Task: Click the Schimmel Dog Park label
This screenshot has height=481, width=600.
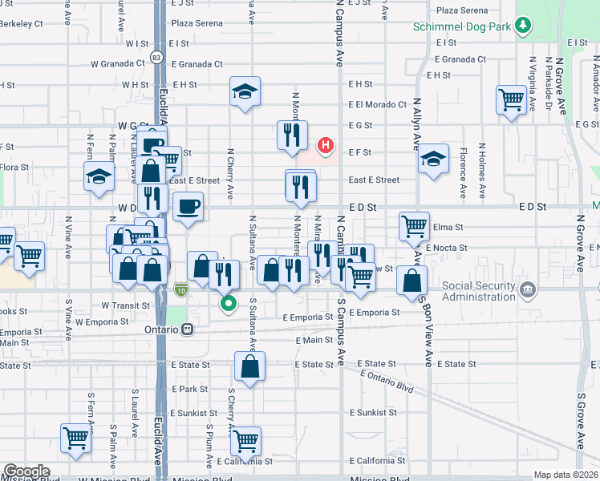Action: [x=463, y=26]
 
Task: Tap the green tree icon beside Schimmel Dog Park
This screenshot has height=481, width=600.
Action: [x=523, y=26]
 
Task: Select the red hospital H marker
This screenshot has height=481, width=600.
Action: [x=326, y=145]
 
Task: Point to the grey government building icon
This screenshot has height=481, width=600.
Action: [x=528, y=289]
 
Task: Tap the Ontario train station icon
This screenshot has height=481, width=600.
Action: [x=187, y=329]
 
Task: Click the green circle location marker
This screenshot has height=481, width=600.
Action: [x=229, y=303]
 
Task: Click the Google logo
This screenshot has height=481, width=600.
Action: [x=26, y=471]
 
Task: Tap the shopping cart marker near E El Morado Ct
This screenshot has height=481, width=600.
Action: [x=510, y=101]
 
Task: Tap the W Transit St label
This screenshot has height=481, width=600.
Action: [x=125, y=305]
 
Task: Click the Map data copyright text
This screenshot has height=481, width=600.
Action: [x=566, y=475]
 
